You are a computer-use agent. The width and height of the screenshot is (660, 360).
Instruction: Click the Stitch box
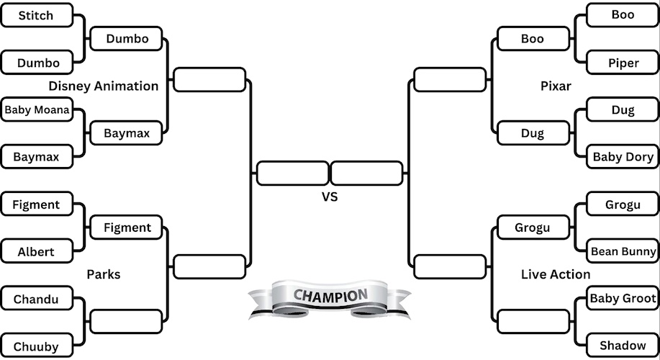pos(36,15)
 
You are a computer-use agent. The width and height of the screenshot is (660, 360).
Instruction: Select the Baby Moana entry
pos(37,110)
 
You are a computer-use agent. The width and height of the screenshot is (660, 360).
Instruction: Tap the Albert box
pos(36,252)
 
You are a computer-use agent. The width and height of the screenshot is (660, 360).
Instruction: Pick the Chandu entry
pos(36,299)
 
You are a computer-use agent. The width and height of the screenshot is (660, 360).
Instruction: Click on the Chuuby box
pos(36,346)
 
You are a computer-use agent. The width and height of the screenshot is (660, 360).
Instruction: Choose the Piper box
pos(623,63)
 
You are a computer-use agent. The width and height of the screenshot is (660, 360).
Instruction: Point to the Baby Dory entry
pos(623,157)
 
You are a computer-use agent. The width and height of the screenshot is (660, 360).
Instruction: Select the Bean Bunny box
pos(623,251)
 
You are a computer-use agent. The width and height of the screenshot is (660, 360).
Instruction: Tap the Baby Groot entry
pos(623,298)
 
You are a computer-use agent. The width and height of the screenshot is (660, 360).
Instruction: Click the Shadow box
pos(623,346)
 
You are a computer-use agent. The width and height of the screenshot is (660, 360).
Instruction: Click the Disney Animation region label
pos(104,86)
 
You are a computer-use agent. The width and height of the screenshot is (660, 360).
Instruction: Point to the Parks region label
pos(104,274)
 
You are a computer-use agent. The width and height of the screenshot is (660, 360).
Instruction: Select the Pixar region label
pos(556,86)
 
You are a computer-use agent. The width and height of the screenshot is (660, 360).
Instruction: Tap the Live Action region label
pos(556,274)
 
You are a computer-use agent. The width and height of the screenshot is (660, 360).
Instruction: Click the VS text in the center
pos(330,196)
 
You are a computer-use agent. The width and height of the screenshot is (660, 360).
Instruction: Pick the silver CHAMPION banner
pos(330,299)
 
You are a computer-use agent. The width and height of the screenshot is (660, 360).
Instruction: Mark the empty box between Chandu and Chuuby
pos(126,322)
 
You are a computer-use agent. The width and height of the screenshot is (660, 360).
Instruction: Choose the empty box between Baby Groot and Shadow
pos(533,321)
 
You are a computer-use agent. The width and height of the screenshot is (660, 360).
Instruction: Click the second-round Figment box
pos(127,228)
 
